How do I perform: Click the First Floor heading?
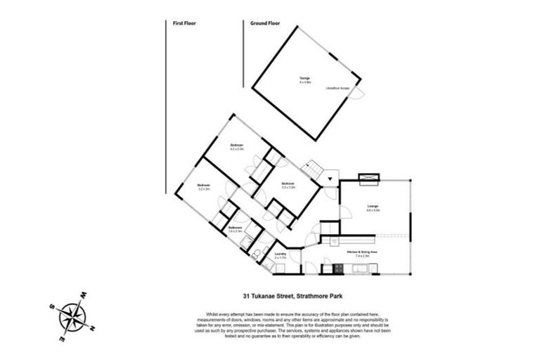(184, 23)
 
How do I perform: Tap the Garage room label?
(304, 79)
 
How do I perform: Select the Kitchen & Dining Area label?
(363, 255)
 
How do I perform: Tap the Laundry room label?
(279, 255)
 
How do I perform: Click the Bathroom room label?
(236, 229)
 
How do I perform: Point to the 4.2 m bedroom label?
(236, 148)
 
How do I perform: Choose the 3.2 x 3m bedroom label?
(205, 187)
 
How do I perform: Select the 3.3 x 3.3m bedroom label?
(288, 186)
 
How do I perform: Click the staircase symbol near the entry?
(310, 170)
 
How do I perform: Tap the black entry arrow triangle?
(328, 181)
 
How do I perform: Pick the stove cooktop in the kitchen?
(338, 268)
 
